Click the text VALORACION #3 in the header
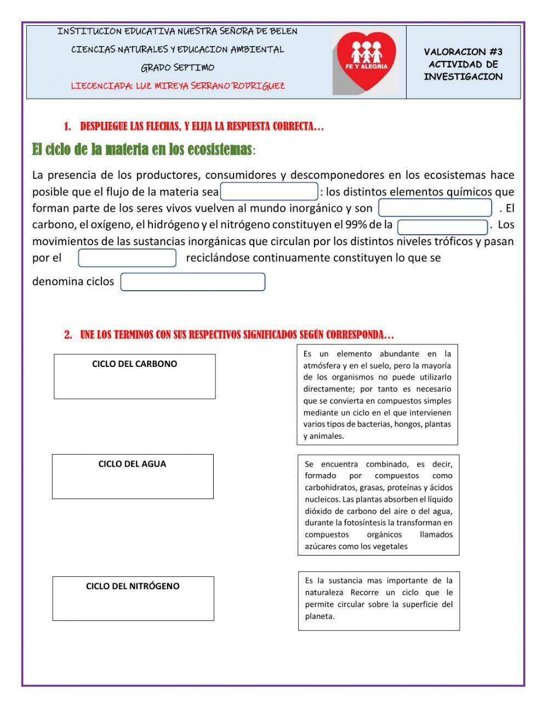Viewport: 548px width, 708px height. coord(463,52)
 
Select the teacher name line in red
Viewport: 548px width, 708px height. coord(178,86)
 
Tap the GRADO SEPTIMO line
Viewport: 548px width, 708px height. coord(178,68)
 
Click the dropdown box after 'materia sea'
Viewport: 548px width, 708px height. coord(269,191)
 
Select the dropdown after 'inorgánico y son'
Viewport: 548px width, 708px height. coord(435,208)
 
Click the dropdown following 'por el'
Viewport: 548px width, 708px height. coord(127,258)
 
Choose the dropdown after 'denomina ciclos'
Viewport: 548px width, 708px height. coord(192,282)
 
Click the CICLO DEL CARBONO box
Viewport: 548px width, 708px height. coord(135,376)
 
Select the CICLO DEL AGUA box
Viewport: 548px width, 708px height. coord(133,476)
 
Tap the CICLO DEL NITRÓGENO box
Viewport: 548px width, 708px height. coord(133,598)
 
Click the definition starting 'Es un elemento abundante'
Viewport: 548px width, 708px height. coord(377,394)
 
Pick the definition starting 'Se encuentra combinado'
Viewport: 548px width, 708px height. coord(378,505)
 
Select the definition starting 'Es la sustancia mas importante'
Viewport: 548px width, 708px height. coord(379,601)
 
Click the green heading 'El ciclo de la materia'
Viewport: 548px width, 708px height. coord(142,149)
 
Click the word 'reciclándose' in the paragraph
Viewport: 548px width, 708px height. coord(218,258)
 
